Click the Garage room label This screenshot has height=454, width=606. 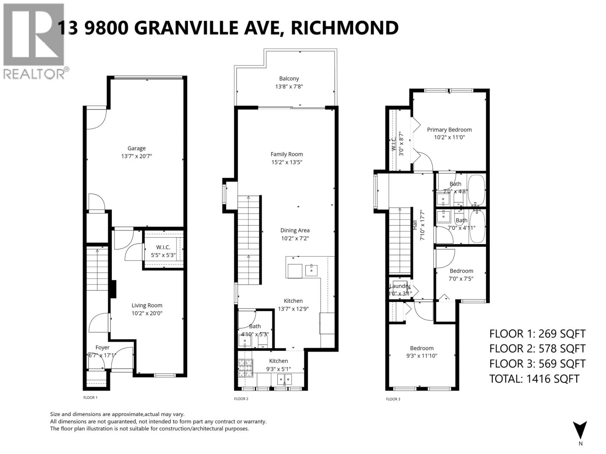point(137,148)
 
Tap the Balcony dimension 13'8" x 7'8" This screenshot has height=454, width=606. point(289,87)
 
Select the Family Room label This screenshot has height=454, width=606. point(287,154)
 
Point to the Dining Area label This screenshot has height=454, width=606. point(295,230)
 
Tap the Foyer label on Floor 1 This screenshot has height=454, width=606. point(102,348)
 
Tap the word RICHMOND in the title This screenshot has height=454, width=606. point(344,28)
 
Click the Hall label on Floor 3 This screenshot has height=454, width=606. point(415,225)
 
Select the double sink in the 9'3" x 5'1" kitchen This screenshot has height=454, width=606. point(284,379)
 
